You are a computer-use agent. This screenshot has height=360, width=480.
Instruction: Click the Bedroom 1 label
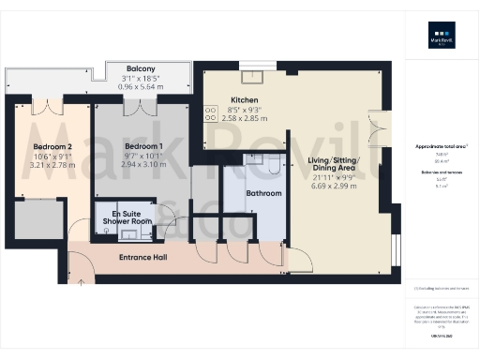(143, 147)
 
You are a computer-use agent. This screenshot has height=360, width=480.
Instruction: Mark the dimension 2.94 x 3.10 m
(143, 164)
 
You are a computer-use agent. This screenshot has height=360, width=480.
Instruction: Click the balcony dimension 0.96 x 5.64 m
(141, 86)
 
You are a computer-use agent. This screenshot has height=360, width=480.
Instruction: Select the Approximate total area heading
(441, 147)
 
